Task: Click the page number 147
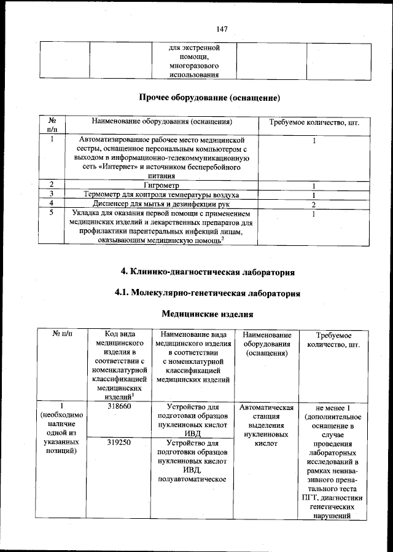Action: (222, 28)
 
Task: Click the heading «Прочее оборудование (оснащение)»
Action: (209, 98)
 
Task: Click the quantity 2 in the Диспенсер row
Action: (313, 203)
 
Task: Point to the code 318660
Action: (116, 407)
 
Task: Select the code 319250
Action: (116, 441)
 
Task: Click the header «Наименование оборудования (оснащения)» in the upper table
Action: (161, 122)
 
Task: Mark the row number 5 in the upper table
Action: (53, 213)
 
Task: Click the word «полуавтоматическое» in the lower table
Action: (193, 479)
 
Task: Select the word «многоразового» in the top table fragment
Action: (195, 65)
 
